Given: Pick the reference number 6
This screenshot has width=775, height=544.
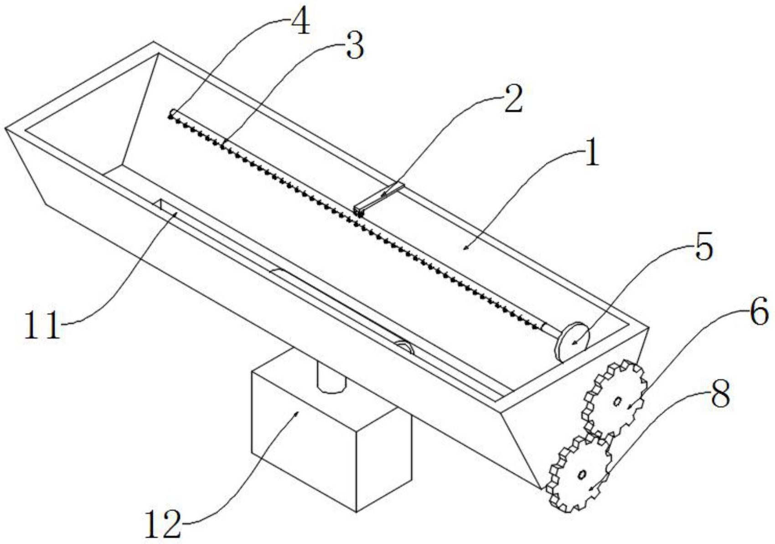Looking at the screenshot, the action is (759, 313).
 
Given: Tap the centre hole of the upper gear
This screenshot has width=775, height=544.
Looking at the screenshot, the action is (617, 401).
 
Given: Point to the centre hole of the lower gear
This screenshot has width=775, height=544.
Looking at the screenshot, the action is (581, 474).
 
